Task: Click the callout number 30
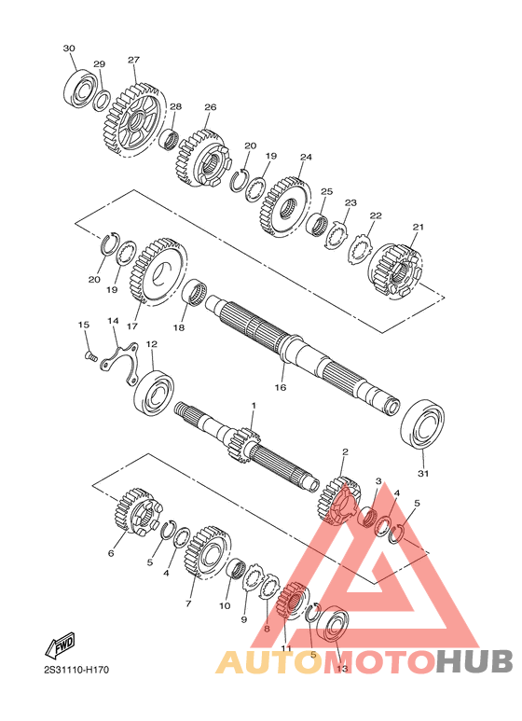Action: tap(69, 49)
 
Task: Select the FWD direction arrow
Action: tap(60, 645)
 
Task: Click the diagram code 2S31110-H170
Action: tap(76, 670)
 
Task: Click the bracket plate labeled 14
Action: tap(120, 362)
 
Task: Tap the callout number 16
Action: tap(281, 387)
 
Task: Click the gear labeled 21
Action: tap(395, 271)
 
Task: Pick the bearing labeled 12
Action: tap(154, 391)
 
